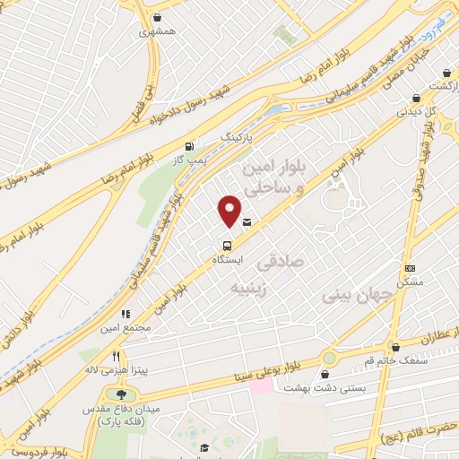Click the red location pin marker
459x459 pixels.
pyautogui.click(x=229, y=211)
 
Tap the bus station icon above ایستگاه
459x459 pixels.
pyautogui.click(x=226, y=245)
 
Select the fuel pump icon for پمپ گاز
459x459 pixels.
pyautogui.click(x=188, y=146)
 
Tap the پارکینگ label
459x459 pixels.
pyautogui.click(x=238, y=140)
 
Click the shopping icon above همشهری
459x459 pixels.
pyautogui.click(x=157, y=17)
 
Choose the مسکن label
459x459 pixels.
pyautogui.click(x=413, y=281)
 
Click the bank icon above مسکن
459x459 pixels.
pyautogui.click(x=411, y=268)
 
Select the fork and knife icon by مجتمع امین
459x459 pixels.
pyautogui.click(x=126, y=314)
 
